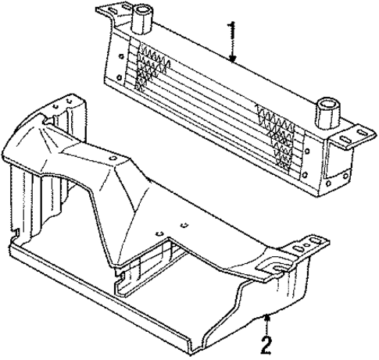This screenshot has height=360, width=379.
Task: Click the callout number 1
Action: pyautogui.click(x=232, y=32)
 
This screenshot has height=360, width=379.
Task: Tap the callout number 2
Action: pyautogui.click(x=267, y=344)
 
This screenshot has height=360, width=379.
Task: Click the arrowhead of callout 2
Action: pyautogui.click(x=268, y=315)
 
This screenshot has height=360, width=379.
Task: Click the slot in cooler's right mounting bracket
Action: pyautogui.click(x=358, y=134)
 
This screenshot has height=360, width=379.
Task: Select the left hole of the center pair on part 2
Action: pyautogui.click(x=158, y=232)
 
